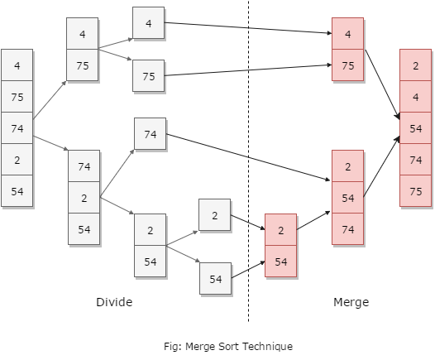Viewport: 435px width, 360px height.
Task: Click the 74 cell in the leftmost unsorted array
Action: [17, 128]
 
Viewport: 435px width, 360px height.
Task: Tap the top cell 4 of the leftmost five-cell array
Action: [17, 65]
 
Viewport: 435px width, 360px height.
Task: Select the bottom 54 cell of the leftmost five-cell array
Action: [17, 191]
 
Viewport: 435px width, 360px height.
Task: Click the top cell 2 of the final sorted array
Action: [416, 65]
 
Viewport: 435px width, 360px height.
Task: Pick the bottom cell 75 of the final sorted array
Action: [416, 190]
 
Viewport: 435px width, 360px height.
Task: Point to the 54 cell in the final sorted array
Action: [416, 128]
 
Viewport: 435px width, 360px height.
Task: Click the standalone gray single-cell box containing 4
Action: [148, 23]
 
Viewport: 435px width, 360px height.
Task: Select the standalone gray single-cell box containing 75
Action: [148, 76]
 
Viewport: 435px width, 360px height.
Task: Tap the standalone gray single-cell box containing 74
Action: [150, 134]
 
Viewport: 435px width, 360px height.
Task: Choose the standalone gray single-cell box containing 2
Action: [214, 215]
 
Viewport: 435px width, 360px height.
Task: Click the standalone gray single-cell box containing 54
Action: [215, 279]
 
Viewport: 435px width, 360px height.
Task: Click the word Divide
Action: [114, 303]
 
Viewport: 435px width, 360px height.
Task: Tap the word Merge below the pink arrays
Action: [351, 303]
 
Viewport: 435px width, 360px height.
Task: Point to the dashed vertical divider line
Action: [248, 166]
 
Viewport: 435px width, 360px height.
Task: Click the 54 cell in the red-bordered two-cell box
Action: [280, 262]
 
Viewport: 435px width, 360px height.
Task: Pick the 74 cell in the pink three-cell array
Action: [347, 229]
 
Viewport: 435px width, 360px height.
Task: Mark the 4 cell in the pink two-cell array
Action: [347, 34]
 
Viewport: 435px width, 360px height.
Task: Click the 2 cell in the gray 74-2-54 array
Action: [84, 198]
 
